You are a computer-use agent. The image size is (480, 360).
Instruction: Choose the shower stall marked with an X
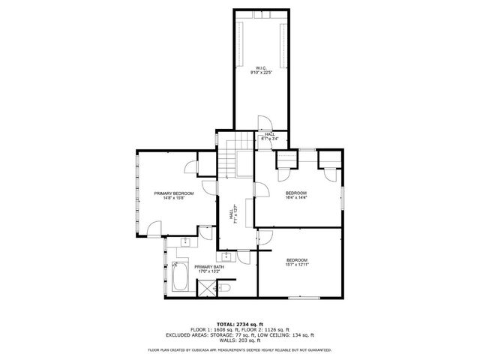(205, 289)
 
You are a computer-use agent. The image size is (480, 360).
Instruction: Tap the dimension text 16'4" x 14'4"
(296, 198)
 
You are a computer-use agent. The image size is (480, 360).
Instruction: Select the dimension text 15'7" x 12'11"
(296, 264)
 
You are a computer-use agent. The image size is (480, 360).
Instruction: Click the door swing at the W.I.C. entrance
(265, 124)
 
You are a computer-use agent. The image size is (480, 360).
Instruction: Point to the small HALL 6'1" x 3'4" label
(270, 136)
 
